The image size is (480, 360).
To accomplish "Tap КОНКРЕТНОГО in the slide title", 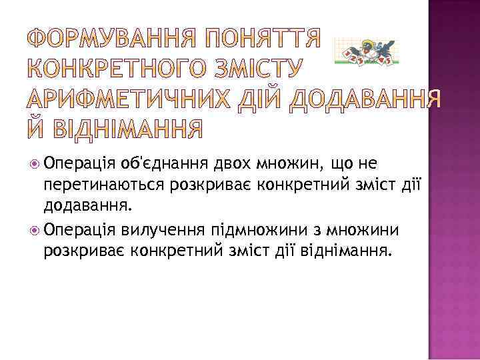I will tap(117, 68).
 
